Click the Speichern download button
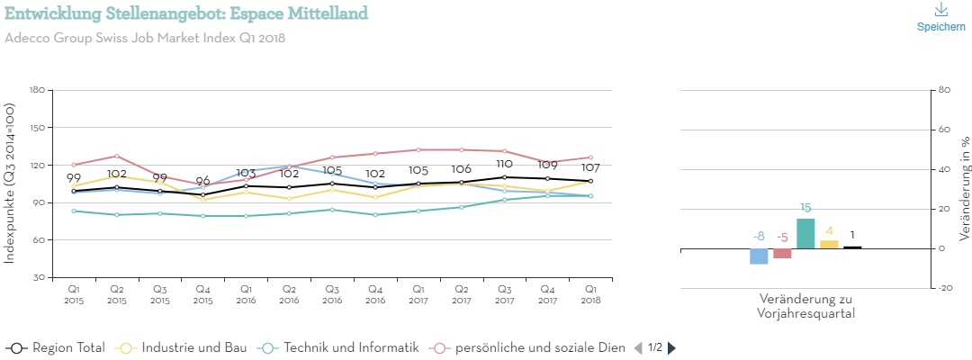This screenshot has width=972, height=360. tap(940, 17)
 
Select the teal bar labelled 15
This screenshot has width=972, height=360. tap(805, 233)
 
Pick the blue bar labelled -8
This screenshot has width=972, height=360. tap(759, 256)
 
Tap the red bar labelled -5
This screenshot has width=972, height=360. tap(782, 253)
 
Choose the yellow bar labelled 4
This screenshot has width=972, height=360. tap(829, 244)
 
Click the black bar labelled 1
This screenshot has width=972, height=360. tap(852, 247)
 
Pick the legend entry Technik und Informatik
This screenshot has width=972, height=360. tap(339, 347)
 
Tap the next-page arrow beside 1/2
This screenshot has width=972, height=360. tap(671, 347)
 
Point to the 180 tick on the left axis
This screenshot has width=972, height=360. tap(37, 90)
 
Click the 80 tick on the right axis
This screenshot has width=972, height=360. tap(944, 90)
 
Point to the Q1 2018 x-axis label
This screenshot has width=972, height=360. tap(590, 294)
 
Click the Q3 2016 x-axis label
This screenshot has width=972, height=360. tap(332, 294)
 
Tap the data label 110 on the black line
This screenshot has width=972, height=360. tap(504, 165)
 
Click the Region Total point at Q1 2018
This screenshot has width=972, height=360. tap(590, 181)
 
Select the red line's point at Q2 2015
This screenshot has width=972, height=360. tap(117, 156)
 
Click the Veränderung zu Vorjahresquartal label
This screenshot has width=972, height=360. tap(806, 306)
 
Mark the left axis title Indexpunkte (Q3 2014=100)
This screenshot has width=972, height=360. tap(10, 184)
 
